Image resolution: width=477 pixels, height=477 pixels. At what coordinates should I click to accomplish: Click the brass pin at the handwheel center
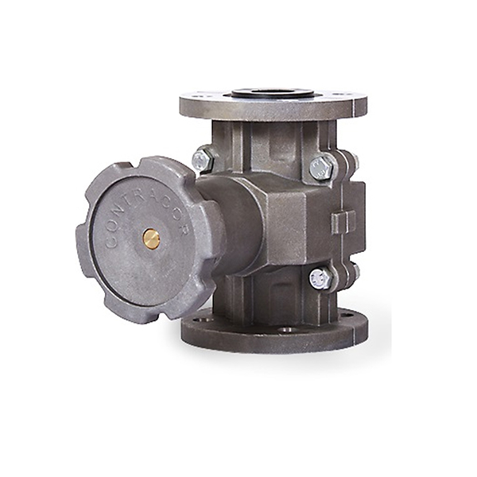point(152,239)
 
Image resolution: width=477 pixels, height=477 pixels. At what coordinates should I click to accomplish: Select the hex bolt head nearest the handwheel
point(201,159)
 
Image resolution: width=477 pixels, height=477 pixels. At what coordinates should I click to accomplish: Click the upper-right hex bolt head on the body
point(323,168)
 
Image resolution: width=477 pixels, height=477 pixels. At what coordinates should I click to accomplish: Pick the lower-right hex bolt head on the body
point(320,279)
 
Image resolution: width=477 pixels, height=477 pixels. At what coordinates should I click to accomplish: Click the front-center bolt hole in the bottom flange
point(286,329)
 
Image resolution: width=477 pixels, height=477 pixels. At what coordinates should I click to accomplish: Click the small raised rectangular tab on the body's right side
point(343,223)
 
